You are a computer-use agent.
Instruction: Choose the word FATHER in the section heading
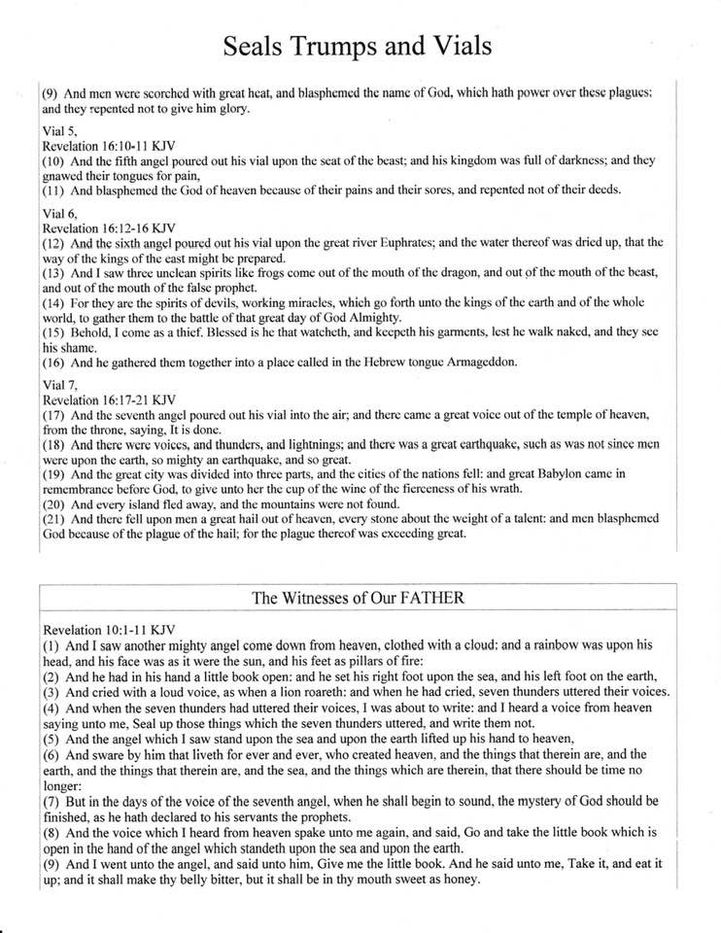431,598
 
